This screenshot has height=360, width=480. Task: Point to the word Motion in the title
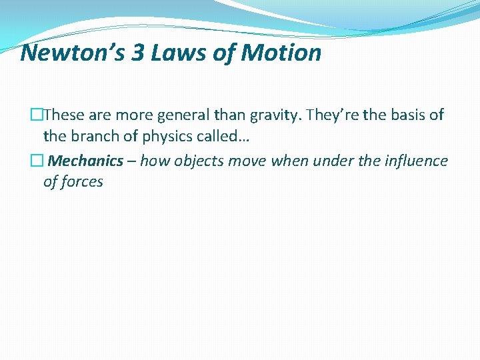pos(281,52)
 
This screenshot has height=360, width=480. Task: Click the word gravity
pos(275,115)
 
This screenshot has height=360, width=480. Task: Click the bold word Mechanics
pos(87,161)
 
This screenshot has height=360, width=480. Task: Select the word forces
pos(81,181)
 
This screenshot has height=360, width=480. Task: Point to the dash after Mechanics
pos(132,161)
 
